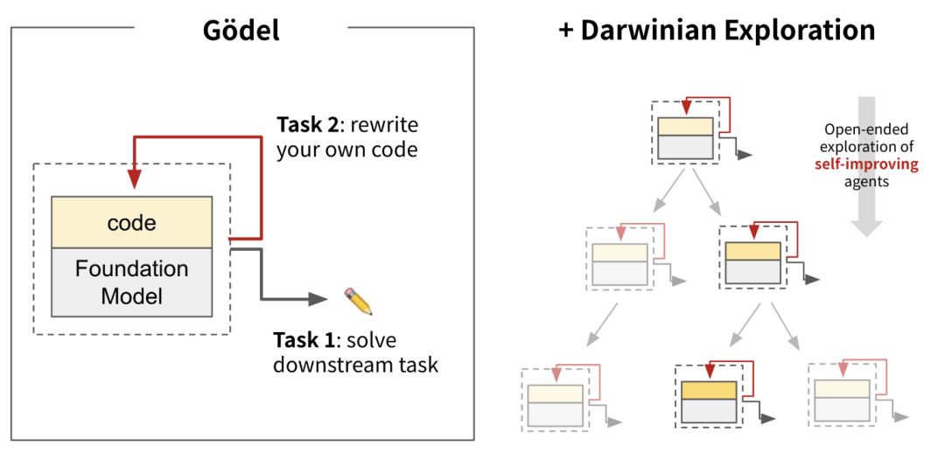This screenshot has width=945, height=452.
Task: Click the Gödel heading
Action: pos(241,31)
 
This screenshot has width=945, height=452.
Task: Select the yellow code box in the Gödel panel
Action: pos(131,222)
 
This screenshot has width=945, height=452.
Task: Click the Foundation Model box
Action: pos(131,282)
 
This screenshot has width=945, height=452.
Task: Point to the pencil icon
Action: pos(358,301)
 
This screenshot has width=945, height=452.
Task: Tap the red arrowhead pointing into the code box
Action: pos(134,179)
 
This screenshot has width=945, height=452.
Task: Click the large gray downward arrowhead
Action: pos(867,225)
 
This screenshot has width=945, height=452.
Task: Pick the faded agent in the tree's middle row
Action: pos(619,262)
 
